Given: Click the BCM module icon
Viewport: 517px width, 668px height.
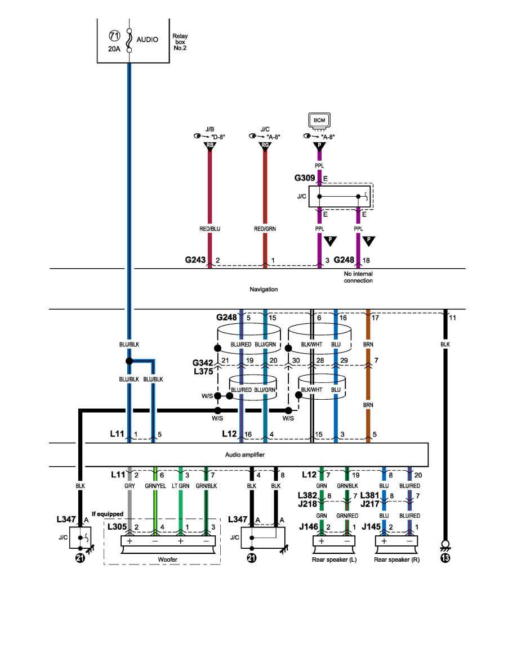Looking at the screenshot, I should click(x=319, y=120).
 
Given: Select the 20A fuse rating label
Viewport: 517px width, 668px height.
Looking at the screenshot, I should click(x=113, y=49).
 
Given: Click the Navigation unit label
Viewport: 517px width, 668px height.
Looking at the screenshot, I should click(x=264, y=289).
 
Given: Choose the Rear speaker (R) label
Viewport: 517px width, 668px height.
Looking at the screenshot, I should click(x=395, y=559).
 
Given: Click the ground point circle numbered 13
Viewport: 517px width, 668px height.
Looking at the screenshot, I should click(x=445, y=558).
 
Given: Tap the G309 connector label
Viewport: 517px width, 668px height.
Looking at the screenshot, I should click(x=305, y=178).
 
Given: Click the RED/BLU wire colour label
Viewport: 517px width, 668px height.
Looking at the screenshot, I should click(x=210, y=229).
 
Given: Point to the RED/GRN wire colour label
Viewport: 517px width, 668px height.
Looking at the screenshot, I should click(x=265, y=229).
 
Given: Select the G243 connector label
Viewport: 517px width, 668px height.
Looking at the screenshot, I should click(x=196, y=260).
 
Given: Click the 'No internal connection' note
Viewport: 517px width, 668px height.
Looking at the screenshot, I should click(x=358, y=277).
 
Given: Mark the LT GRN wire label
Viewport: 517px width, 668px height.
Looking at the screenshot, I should click(x=180, y=485).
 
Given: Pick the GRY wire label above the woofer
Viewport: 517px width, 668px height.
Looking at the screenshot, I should click(x=130, y=485).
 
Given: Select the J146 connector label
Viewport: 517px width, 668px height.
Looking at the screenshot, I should click(x=309, y=526).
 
